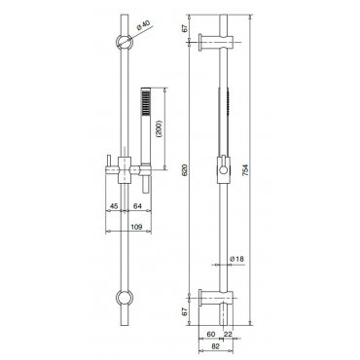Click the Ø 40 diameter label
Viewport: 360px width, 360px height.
pos(142,25)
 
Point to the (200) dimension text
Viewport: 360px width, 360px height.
pos(159,128)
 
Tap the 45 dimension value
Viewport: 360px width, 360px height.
pos(114,206)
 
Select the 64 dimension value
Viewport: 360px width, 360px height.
pos(137,206)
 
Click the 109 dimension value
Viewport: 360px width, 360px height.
pos(136,227)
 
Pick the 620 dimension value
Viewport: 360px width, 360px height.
pos(185,169)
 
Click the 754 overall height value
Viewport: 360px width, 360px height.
pos(245,169)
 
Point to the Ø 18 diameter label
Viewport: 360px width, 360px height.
pos(236,259)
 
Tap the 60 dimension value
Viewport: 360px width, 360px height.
pos(211,335)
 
